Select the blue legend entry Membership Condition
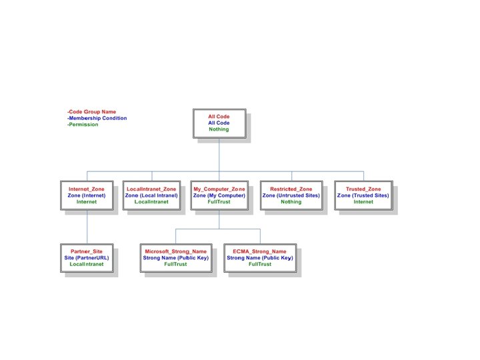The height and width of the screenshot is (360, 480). pos(97,118)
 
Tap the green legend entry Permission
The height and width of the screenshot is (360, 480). pos(83,124)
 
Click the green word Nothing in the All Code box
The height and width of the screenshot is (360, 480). pos(219,129)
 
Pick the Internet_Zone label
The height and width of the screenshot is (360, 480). pos(87,189)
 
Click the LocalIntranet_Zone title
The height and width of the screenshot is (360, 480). pos(151,189)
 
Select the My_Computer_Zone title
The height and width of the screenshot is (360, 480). pos(219,189)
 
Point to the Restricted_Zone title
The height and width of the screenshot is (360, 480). pos(291,189)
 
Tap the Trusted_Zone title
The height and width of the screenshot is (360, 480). pos(363,189)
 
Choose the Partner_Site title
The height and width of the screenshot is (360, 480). pos(87,251)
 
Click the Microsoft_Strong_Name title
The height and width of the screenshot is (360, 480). pos(175,251)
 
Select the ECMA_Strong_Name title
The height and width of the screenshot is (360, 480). pos(259,251)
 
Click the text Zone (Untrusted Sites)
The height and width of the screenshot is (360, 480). pos(291,195)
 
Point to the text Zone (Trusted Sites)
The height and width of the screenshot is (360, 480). pos(363,195)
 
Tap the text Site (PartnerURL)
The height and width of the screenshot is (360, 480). pos(87,257)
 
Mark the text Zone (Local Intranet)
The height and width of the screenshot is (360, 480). pos(151,195)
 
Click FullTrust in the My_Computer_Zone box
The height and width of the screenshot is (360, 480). pos(219,201)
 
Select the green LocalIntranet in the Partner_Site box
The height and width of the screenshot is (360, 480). pos(87,264)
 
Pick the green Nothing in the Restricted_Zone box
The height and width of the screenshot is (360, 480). pos(291,201)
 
